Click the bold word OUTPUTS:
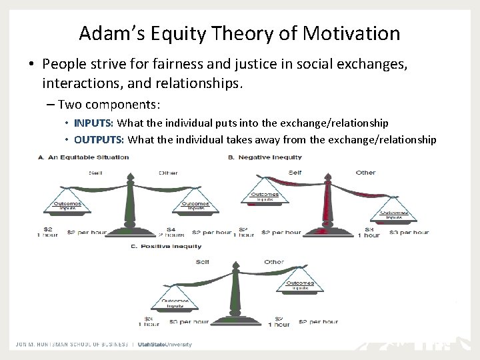[x=99, y=139]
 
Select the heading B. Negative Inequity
[x=265, y=157]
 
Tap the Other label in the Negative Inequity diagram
[x=365, y=173]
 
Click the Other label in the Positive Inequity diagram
[x=274, y=262]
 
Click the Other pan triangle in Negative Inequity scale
[x=394, y=212]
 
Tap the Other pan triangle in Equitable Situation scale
[x=193, y=204]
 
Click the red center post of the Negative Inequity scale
[x=326, y=203]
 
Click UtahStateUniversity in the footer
[x=165, y=344]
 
